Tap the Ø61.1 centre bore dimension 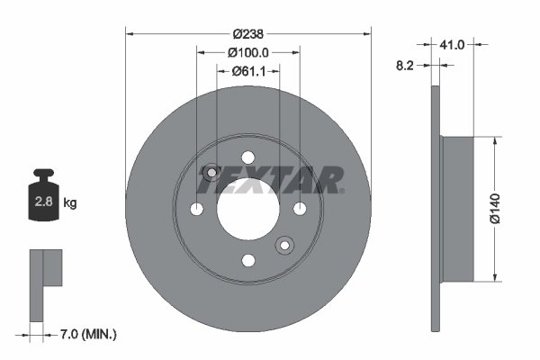point(247,71)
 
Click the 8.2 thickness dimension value point(406,65)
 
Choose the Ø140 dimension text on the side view point(494,208)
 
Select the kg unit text point(70,203)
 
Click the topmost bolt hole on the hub point(247,157)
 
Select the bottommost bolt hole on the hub point(247,260)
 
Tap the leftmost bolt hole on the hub point(196,209)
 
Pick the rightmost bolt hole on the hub point(299,209)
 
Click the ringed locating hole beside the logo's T point(211,172)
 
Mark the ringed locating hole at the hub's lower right point(284,244)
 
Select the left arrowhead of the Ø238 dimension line point(129,33)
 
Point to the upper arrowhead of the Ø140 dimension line point(494,140)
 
